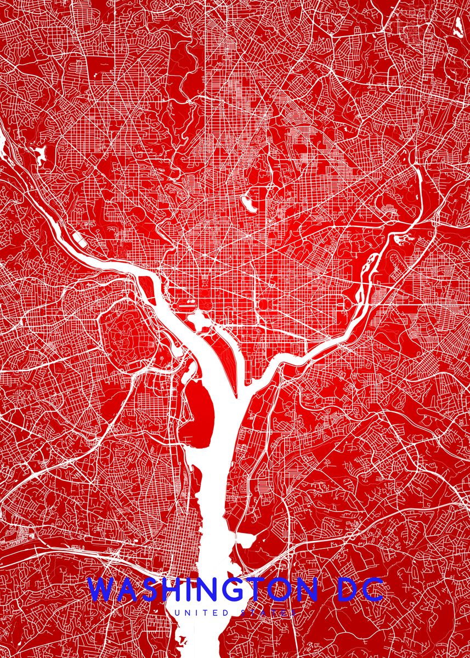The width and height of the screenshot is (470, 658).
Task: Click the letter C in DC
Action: (x=372, y=590)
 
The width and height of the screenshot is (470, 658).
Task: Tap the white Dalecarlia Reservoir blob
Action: (x=39, y=154)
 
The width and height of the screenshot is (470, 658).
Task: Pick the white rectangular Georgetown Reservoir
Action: (x=80, y=237)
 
